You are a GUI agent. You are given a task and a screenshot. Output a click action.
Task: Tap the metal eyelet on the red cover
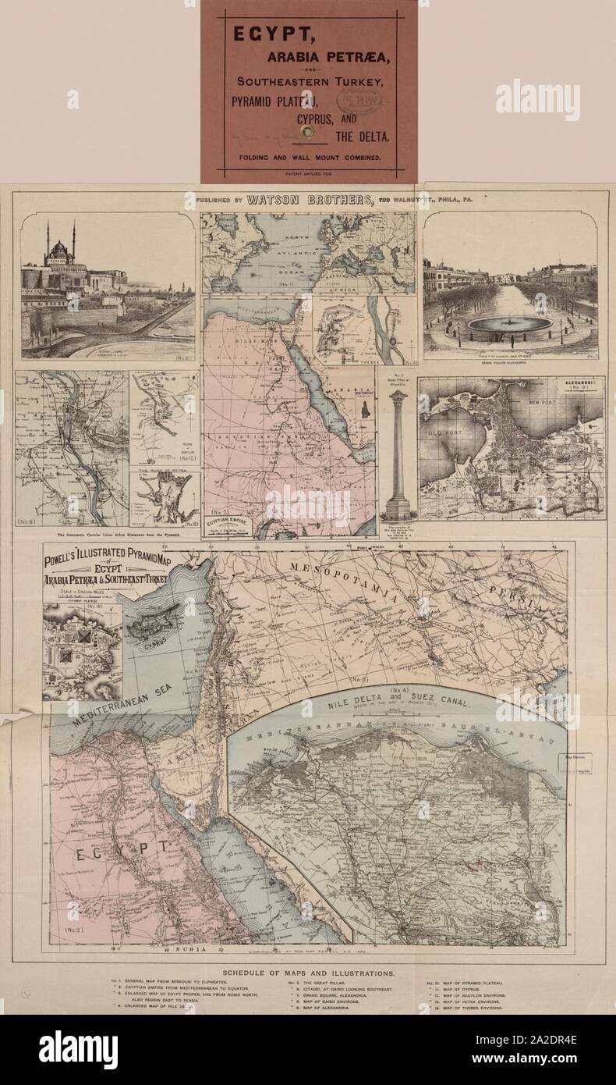pos(310,133)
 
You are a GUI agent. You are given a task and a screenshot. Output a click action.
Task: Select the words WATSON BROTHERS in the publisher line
pos(310,200)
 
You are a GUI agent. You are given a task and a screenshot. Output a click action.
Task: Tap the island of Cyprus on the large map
pos(158,625)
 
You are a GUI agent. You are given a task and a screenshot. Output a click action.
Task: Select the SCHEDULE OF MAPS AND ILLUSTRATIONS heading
pos(308,973)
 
